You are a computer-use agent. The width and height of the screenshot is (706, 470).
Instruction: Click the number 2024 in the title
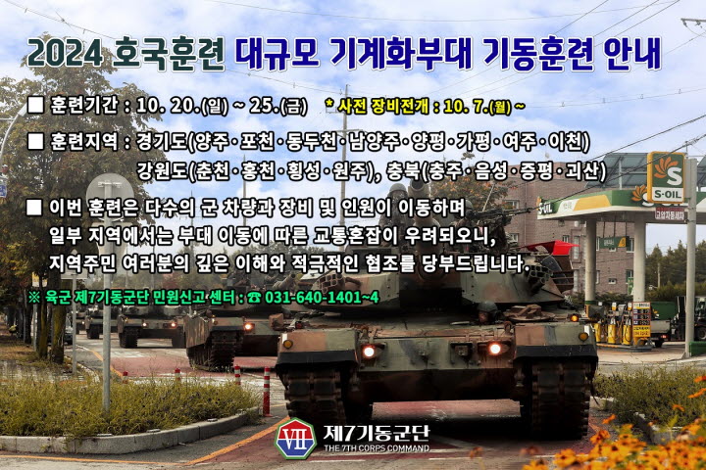[66, 54]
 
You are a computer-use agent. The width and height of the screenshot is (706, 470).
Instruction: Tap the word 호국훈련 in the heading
[169, 54]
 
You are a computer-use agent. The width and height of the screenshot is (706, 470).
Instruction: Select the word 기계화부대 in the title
[401, 54]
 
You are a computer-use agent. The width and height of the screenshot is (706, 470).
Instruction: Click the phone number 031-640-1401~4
[322, 298]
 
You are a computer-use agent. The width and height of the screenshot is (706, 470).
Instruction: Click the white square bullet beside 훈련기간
[35, 105]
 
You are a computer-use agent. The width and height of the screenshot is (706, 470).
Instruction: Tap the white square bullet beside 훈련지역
[35, 141]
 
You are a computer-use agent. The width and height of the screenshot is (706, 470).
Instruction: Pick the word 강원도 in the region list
[161, 171]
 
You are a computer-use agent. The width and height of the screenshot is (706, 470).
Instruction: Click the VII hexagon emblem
[295, 439]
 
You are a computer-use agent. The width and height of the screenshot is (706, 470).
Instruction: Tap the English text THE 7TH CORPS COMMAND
[377, 448]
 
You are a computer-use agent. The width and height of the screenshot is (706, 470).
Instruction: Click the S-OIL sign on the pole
[666, 177]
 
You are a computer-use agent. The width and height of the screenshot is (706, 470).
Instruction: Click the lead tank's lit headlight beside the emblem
[370, 352]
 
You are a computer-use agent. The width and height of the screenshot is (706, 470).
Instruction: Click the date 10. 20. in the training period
[167, 106]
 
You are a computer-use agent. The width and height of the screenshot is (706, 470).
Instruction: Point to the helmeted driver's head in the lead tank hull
[487, 309]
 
